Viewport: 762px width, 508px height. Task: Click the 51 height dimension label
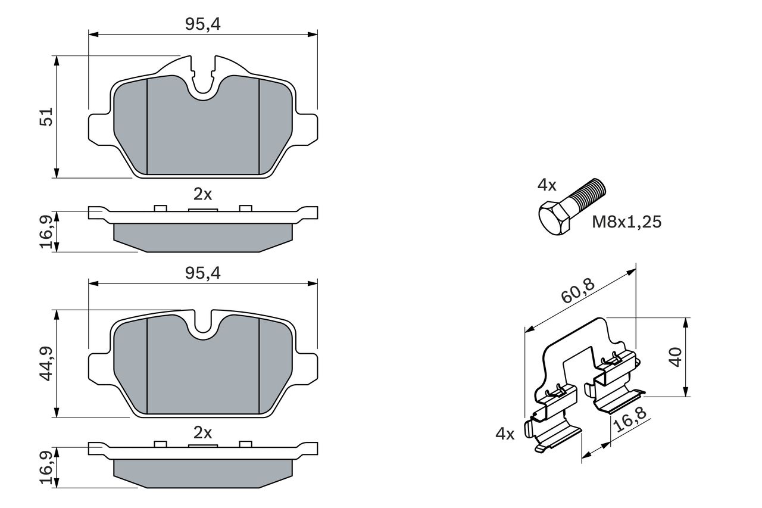click(x=46, y=116)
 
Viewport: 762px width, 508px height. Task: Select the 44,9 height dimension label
click(x=46, y=363)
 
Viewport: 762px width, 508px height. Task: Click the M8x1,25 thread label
click(x=626, y=222)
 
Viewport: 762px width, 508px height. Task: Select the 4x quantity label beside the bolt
click(x=546, y=185)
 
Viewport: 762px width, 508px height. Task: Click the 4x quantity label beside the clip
click(x=504, y=434)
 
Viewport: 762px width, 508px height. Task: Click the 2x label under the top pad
click(x=202, y=194)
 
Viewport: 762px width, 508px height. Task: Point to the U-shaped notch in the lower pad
click(x=204, y=325)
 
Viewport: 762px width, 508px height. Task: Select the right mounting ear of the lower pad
click(x=306, y=367)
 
